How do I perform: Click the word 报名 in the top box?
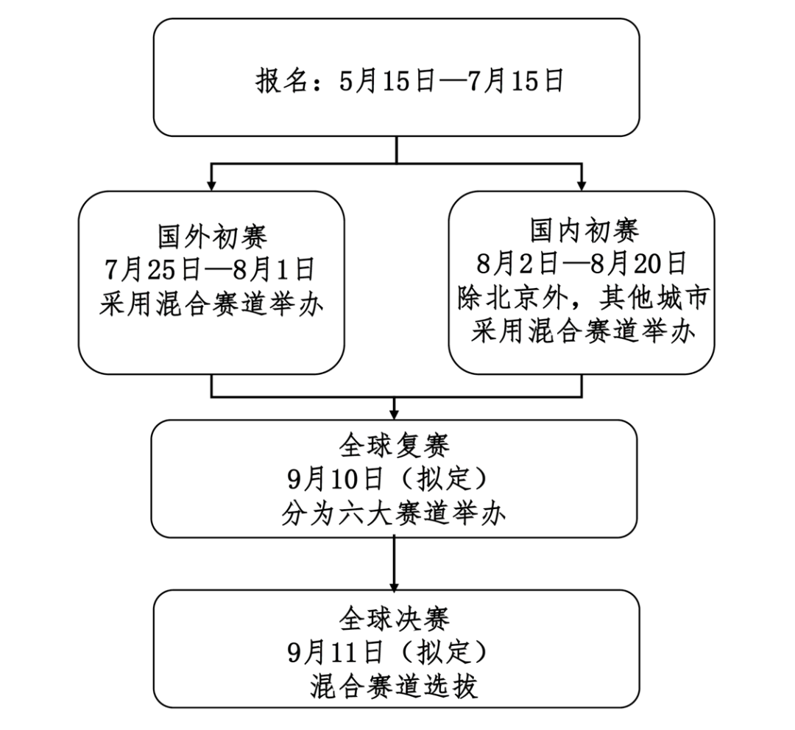282,80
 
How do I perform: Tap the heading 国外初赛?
213,236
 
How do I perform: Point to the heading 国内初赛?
584,231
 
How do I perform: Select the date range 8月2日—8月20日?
582,264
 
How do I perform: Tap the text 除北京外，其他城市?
583,298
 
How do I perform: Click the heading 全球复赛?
395,446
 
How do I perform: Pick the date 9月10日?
335,479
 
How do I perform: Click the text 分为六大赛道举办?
395,513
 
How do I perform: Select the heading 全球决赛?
395,618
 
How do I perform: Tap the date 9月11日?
335,652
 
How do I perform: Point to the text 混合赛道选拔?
395,686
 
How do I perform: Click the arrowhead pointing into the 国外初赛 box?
211,186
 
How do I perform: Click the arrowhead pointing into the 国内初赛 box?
582,186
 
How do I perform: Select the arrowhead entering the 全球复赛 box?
395,413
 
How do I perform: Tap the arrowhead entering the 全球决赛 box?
395,584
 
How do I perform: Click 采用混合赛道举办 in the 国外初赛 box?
211,304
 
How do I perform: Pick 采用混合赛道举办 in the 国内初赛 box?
583,332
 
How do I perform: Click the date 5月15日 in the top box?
387,80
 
